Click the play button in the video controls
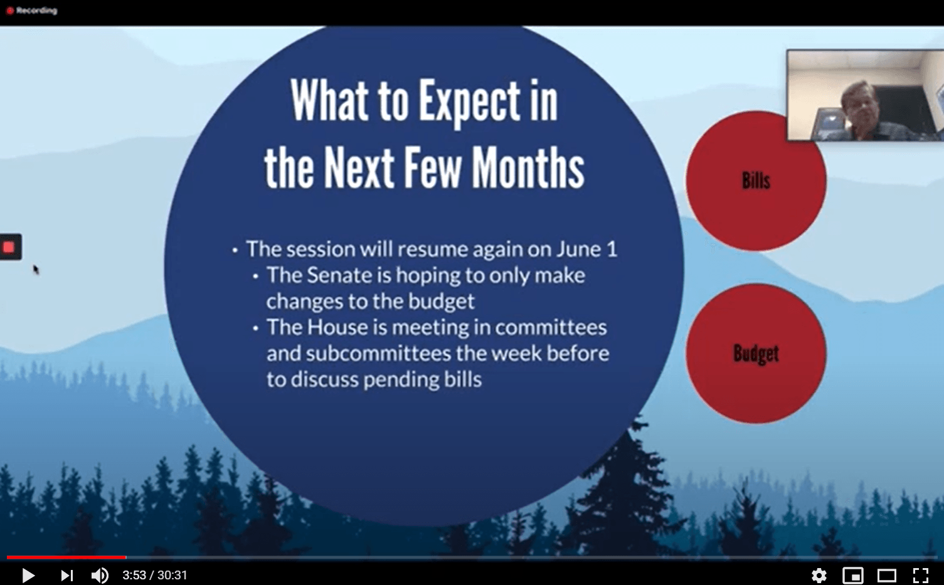pos(28,576)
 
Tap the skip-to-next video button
pos(67,576)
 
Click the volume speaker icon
pos(100,576)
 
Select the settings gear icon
pos(819,576)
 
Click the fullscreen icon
pos(921,576)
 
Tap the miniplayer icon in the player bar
pos(853,576)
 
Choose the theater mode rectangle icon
pos(887,576)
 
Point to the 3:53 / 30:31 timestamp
pos(155,576)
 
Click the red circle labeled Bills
pos(756,181)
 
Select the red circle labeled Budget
pos(756,354)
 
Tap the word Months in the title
pos(528,167)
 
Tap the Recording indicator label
pos(36,10)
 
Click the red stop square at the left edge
pos(8,247)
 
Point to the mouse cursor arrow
pos(36,270)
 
